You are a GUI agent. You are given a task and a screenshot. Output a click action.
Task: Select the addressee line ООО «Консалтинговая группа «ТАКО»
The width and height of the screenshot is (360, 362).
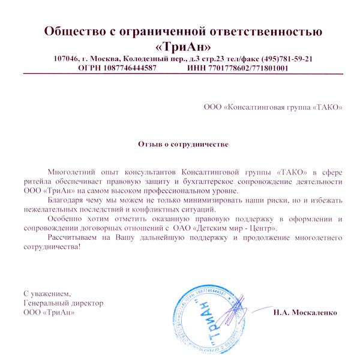click(x=274, y=108)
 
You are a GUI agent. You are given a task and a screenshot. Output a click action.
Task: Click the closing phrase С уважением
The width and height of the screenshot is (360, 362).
click(x=47, y=294)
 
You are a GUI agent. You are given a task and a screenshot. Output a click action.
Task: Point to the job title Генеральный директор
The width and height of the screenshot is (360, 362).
click(x=63, y=303)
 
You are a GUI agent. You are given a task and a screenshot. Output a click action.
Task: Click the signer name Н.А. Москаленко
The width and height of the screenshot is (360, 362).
click(x=305, y=313)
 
